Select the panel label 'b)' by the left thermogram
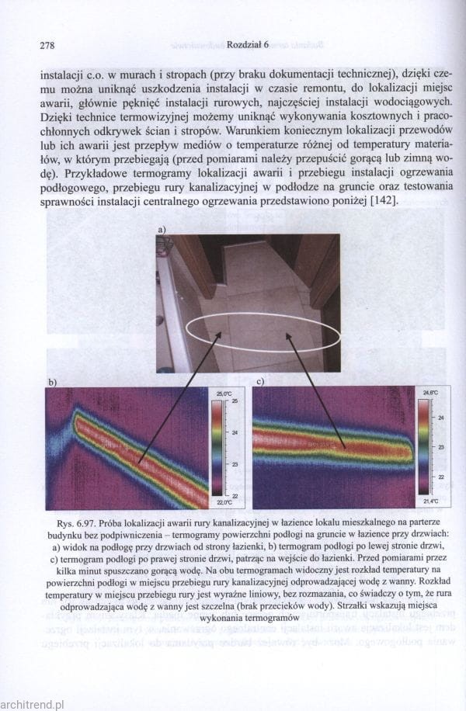(54, 383)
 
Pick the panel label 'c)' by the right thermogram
(259, 382)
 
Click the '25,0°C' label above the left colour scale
(223, 395)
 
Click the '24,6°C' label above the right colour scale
(430, 393)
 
